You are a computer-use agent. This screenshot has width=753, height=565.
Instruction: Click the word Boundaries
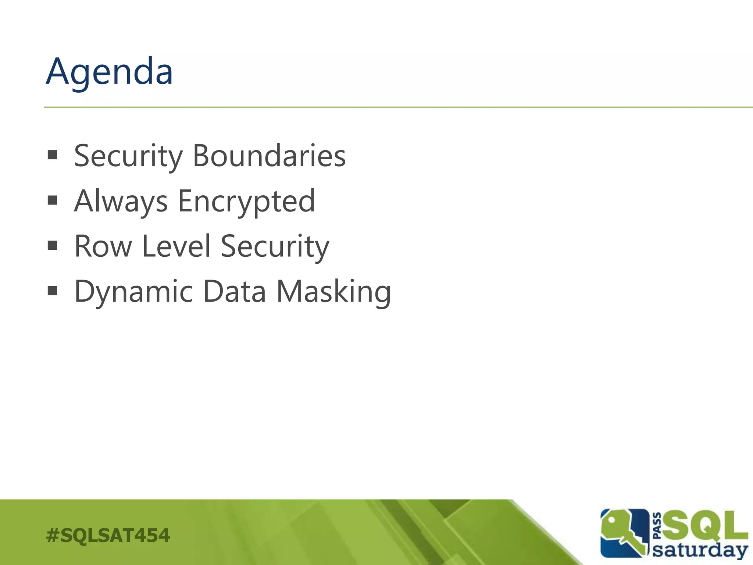tap(269, 156)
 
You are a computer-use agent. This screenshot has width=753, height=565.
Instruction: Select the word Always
tap(121, 201)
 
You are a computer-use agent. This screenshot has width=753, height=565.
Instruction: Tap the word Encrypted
tap(246, 201)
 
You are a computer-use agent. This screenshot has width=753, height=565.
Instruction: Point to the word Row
tap(103, 246)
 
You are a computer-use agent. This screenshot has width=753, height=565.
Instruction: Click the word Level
tap(176, 246)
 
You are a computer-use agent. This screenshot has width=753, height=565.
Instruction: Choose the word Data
tap(234, 291)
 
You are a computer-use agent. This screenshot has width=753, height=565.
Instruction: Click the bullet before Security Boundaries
tap(53, 155)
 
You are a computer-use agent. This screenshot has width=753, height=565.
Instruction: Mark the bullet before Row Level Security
tap(53, 245)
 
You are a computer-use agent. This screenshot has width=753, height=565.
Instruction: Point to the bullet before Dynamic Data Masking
tap(53, 291)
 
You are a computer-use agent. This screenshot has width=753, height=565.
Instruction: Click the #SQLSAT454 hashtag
tap(108, 535)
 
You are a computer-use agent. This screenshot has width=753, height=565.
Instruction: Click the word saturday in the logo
tap(700, 550)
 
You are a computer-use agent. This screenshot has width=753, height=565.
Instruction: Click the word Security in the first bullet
tap(128, 156)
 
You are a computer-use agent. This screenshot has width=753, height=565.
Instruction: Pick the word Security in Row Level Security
tap(275, 246)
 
